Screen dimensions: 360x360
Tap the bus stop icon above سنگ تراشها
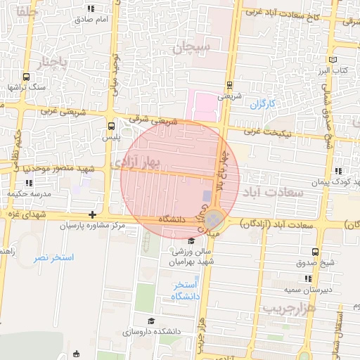pyautogui.click(x=26, y=77)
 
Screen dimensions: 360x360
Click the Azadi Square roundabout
pyautogui.click(x=217, y=224)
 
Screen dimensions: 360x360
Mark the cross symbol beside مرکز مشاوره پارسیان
pyautogui.click(x=91, y=214)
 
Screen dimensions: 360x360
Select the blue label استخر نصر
pyautogui.click(x=53, y=258)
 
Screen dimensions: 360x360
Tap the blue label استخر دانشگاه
pyautogui.click(x=186, y=290)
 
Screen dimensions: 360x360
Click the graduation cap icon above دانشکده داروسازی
pyautogui.click(x=150, y=321)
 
